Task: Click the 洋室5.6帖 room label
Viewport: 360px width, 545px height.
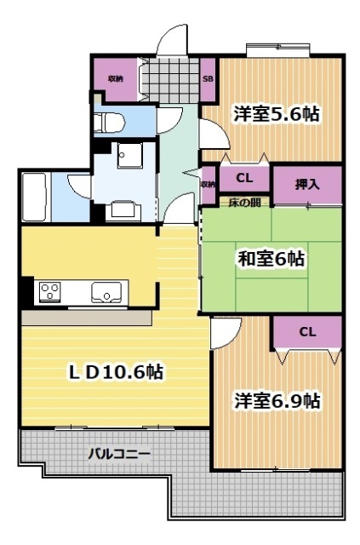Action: [x=277, y=114]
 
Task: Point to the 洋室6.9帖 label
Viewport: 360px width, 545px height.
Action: [x=277, y=400]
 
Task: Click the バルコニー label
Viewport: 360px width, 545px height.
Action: [x=120, y=453]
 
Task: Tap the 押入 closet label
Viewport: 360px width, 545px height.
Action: [x=307, y=184]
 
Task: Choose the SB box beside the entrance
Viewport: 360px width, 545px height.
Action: [x=208, y=79]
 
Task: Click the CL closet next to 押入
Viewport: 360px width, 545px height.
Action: [x=244, y=179]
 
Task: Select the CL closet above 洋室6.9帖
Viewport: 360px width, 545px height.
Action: [x=307, y=332]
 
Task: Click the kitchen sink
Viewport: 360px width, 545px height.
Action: [x=106, y=292]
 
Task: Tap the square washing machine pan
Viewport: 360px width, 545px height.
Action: [x=132, y=155]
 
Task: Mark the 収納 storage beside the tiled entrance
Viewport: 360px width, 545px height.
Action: [x=114, y=78]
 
